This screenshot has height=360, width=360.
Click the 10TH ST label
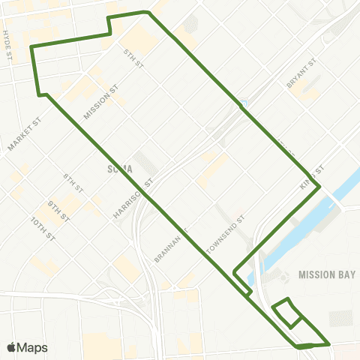tap(43, 228)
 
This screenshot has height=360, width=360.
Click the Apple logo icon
tap(12, 347)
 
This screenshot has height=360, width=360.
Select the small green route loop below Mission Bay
tap(287, 313)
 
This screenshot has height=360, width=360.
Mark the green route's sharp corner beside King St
tap(320, 185)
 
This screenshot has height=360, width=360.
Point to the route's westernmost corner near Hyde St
tap(31, 47)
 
